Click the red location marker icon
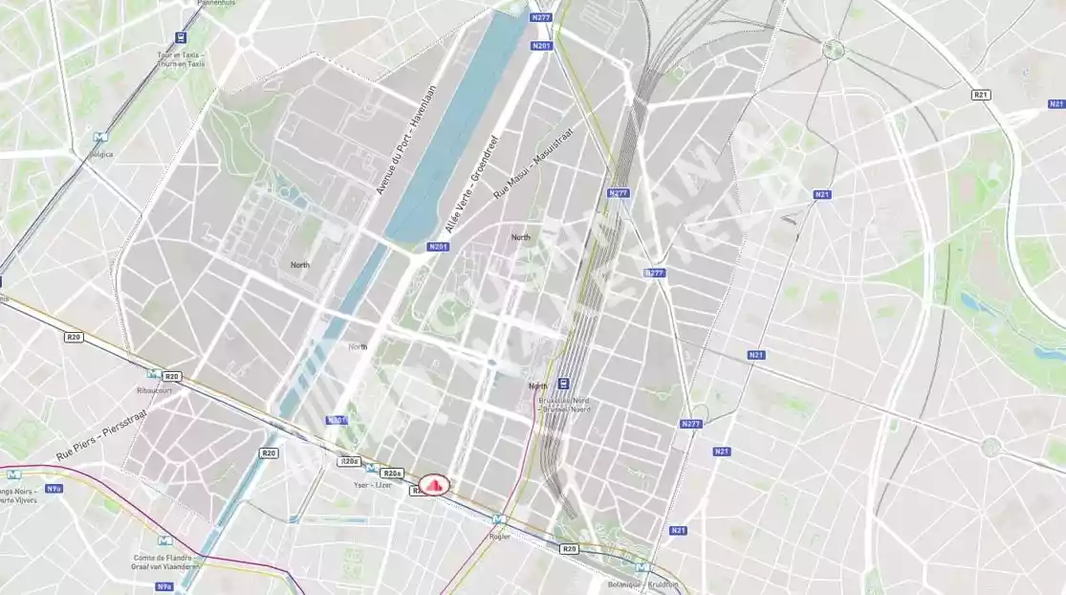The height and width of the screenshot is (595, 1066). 436,486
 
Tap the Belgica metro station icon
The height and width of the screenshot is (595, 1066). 99,138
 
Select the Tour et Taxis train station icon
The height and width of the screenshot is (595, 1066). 181,37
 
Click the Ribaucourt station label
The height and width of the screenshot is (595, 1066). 153,391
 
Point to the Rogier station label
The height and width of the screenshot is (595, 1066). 498,536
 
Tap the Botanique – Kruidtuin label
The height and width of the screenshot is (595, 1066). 642,584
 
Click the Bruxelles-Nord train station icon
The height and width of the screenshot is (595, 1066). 564,385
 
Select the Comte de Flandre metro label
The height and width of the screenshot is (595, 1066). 163,562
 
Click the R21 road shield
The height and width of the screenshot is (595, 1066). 981,94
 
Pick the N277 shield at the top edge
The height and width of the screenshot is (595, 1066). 540,16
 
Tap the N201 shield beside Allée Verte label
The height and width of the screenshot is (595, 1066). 438,247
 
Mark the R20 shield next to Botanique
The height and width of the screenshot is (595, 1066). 569,548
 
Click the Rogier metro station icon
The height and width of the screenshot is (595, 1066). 497,519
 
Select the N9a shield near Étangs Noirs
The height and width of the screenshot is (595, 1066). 54,488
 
